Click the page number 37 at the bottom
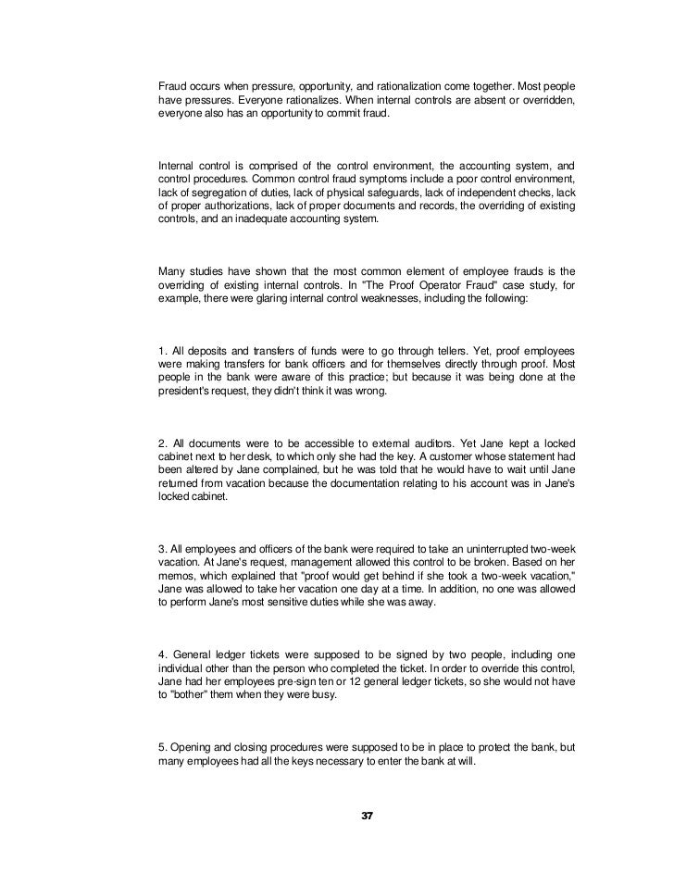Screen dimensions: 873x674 tap(367, 815)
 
